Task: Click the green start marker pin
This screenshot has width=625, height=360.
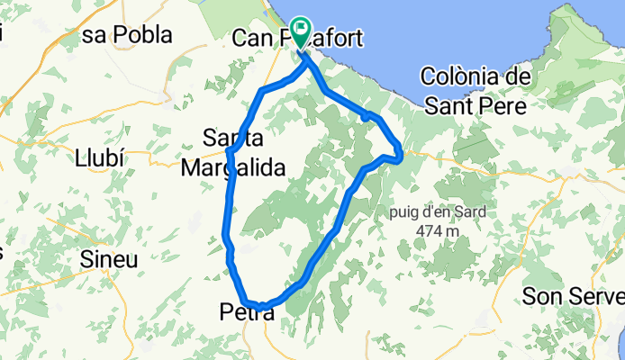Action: coord(301,33)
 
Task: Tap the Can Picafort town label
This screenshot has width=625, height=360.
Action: coord(297,38)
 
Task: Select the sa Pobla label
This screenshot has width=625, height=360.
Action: coord(127,35)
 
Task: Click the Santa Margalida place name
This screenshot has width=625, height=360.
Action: coord(232,153)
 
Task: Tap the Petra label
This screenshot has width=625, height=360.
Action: coord(244,313)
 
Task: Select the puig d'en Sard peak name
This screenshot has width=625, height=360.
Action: coord(438,213)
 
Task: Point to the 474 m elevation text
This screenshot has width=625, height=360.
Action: coord(439,231)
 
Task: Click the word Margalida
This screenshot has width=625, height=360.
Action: coord(232,167)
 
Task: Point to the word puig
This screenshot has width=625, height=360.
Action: coord(404,213)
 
